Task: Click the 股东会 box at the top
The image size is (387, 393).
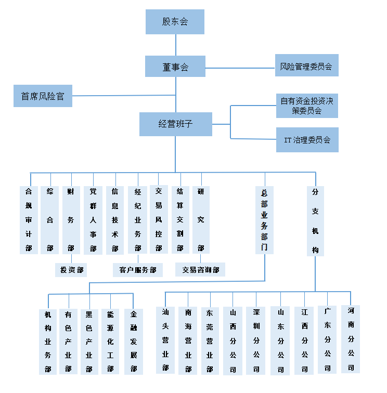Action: click(x=175, y=22)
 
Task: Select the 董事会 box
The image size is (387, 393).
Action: click(x=175, y=67)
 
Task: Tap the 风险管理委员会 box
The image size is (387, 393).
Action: click(x=306, y=66)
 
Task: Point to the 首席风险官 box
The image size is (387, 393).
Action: click(x=43, y=96)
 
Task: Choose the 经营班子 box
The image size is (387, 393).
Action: click(x=175, y=124)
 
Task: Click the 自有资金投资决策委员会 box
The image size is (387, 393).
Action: click(x=307, y=106)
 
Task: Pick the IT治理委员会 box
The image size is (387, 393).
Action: click(x=307, y=140)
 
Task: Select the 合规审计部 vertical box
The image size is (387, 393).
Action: click(x=29, y=219)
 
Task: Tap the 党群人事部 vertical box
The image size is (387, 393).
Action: click(x=93, y=219)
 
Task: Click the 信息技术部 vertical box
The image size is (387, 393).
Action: click(x=115, y=219)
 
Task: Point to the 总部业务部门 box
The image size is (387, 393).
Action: click(x=265, y=219)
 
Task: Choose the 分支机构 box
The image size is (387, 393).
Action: click(x=315, y=220)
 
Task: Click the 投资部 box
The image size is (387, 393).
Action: click(x=71, y=270)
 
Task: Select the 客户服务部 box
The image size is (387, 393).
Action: click(x=138, y=270)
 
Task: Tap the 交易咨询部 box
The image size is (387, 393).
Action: click(x=200, y=270)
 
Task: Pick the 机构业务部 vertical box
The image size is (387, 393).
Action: click(x=48, y=342)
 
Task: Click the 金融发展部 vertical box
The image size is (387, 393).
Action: click(x=134, y=342)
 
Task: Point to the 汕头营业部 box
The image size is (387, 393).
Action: click(x=165, y=339)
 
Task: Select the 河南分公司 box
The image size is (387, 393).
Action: click(x=351, y=338)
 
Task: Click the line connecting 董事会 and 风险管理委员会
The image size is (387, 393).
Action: click(x=240, y=68)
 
